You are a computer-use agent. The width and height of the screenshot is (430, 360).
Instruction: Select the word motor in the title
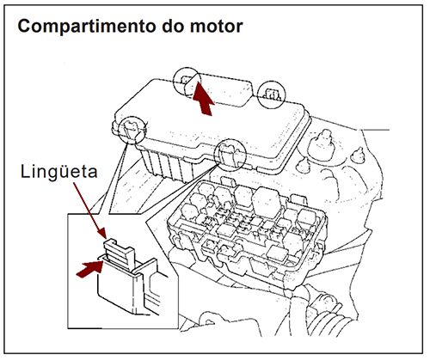[x=217, y=26]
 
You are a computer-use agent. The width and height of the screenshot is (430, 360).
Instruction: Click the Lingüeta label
[x=58, y=172]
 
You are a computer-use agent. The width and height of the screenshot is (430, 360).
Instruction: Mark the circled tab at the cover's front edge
[x=230, y=151]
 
